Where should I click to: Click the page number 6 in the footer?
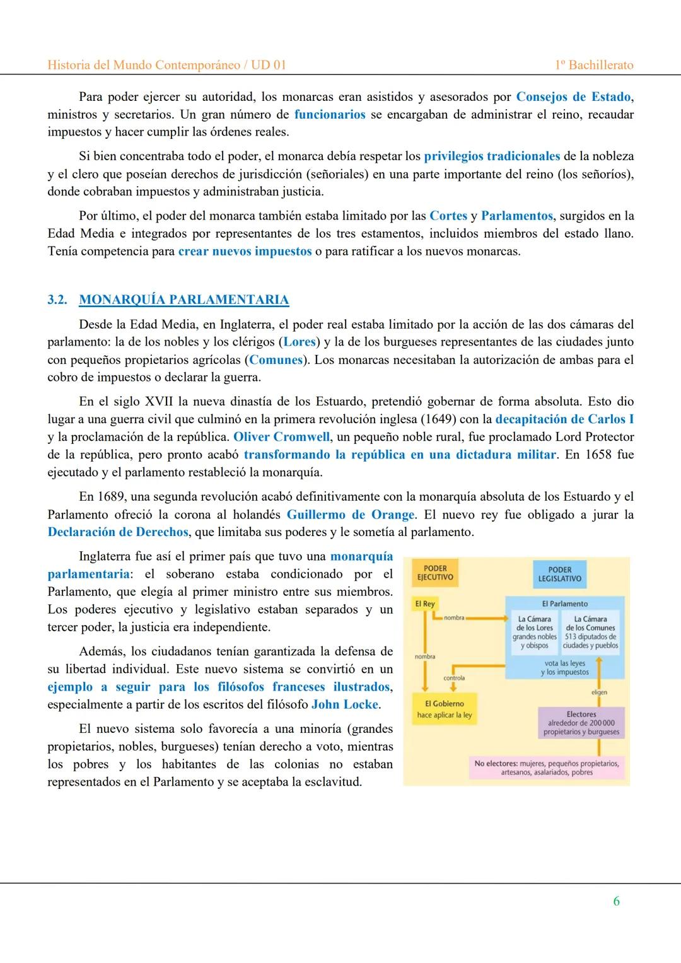(616, 901)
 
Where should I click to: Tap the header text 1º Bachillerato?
(595, 65)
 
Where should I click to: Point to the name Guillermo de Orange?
(350, 514)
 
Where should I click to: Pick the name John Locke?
(345, 704)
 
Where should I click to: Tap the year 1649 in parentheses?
(448, 419)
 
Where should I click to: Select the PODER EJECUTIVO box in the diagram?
(435, 573)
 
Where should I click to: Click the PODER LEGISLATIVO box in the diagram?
(559, 574)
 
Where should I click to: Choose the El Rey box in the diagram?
(425, 604)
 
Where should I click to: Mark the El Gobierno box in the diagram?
(444, 709)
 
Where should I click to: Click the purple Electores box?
(581, 723)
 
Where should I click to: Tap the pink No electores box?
(546, 767)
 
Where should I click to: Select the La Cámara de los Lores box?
(535, 632)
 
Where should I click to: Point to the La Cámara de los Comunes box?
(590, 632)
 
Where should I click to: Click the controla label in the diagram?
(454, 678)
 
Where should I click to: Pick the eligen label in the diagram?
(599, 692)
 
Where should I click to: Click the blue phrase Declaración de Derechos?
(118, 532)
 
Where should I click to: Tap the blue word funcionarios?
(330, 114)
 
